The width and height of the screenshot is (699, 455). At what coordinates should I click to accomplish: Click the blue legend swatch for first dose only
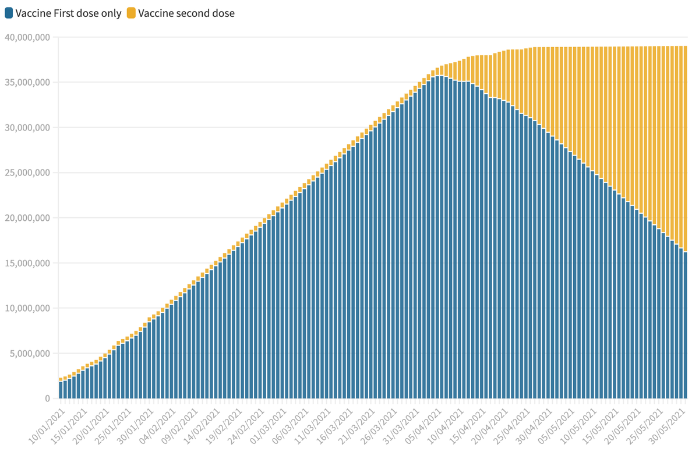(x=9, y=13)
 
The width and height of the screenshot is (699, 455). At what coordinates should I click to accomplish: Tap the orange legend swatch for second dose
(x=131, y=13)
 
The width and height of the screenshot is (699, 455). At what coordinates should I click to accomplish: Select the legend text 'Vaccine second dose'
(x=186, y=13)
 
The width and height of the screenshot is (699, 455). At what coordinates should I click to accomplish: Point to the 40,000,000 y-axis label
(x=27, y=37)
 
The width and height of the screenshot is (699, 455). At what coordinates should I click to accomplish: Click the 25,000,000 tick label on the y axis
(x=27, y=173)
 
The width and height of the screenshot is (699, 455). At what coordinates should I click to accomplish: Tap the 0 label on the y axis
(x=48, y=398)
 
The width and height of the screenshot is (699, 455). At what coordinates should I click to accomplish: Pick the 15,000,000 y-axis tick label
(x=27, y=263)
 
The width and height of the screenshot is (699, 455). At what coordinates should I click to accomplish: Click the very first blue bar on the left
(x=61, y=390)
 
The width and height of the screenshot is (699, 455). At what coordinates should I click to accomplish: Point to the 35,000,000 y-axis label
(x=27, y=83)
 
